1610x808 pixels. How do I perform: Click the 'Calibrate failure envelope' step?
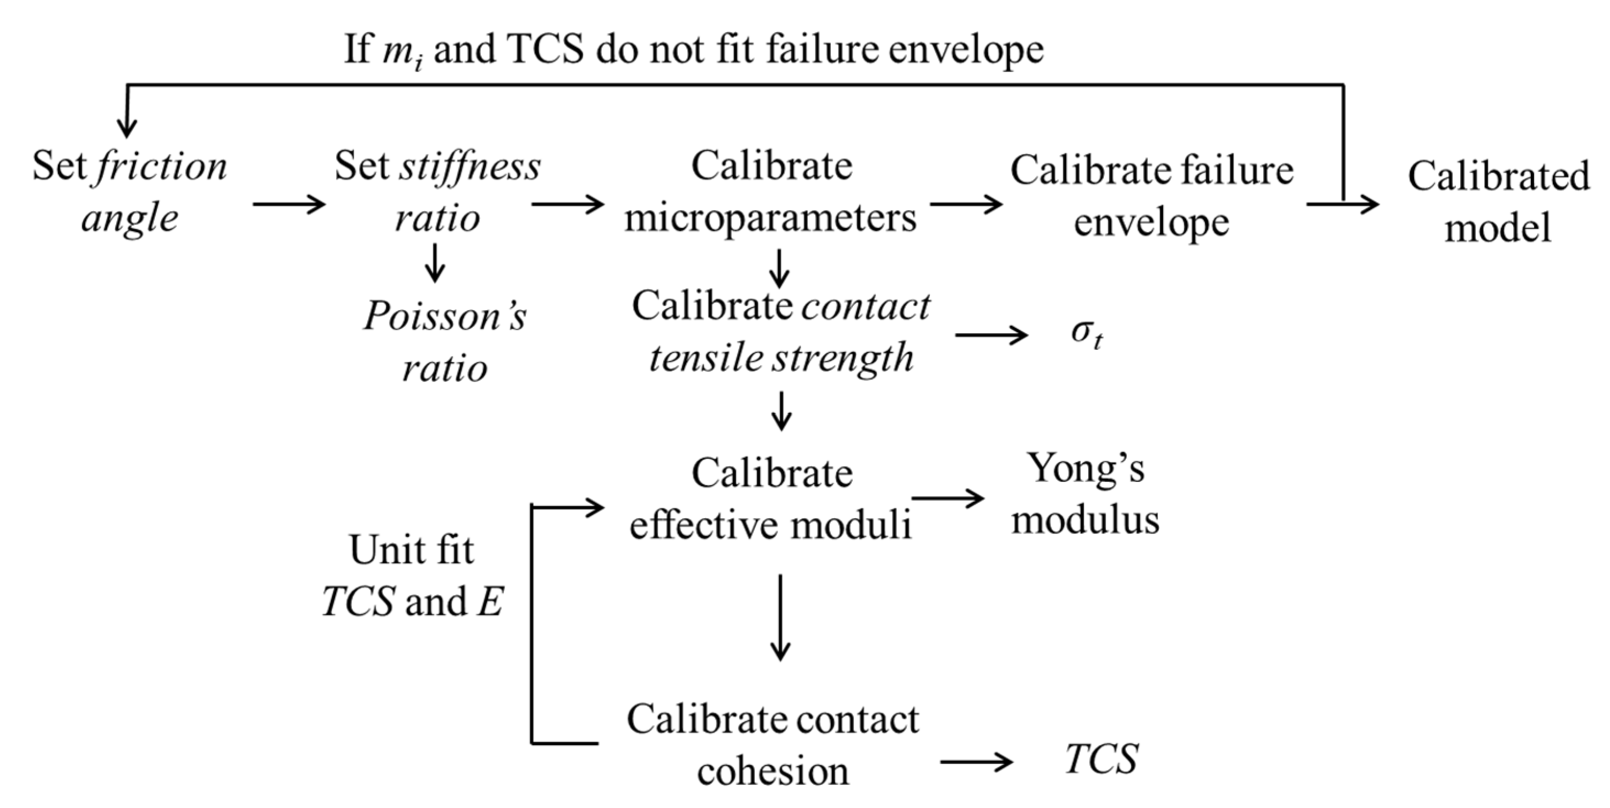(x=1151, y=195)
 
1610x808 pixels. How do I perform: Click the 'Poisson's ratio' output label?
(x=445, y=341)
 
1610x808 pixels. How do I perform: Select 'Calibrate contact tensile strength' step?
(x=781, y=332)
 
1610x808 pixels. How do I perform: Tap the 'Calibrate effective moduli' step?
(x=771, y=498)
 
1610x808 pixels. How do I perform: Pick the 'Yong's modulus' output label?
(x=1086, y=494)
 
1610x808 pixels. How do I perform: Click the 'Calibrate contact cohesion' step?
(x=773, y=744)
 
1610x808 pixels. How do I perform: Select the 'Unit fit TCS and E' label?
(x=413, y=575)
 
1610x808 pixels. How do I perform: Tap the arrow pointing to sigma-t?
(x=991, y=336)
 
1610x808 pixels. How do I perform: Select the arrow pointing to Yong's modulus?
(x=948, y=498)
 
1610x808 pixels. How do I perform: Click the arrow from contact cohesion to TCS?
(x=976, y=761)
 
